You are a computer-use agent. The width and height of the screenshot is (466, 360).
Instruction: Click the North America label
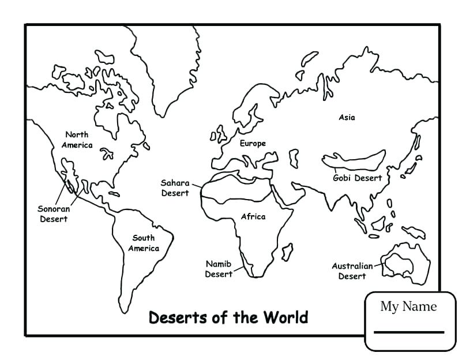tap(77, 140)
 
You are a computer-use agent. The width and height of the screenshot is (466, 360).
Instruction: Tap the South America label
tap(143, 243)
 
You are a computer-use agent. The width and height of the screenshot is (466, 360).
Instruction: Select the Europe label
tap(253, 143)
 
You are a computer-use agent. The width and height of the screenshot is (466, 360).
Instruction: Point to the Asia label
tap(347, 117)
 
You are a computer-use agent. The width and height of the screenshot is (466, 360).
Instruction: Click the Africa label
tap(253, 216)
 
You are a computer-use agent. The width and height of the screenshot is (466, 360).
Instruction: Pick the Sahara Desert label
tap(175, 187)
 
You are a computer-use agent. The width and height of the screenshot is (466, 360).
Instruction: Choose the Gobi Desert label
tap(358, 178)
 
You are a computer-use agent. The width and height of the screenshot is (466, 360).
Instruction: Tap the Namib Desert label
tap(219, 269)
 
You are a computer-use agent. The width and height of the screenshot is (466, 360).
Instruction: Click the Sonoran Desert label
tap(54, 213)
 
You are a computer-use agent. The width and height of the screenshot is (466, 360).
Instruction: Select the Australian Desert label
tap(352, 271)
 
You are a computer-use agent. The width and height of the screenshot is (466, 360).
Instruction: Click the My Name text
tap(408, 306)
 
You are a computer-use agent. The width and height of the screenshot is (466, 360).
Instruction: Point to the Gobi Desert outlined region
tap(354, 158)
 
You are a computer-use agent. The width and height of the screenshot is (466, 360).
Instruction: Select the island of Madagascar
tap(285, 252)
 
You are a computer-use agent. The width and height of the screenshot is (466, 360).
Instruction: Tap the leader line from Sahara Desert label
tap(196, 185)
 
